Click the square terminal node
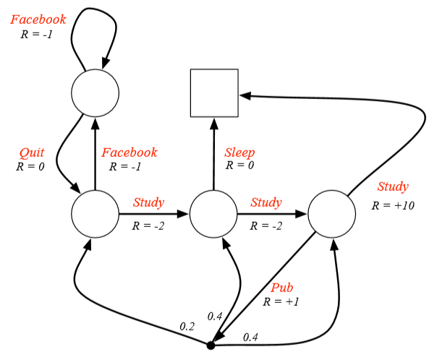pos(214,93)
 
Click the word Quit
pos(32,153)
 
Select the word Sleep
pos(239,153)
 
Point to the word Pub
pos(282,288)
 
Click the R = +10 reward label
pos(393,205)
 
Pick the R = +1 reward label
pos(281,301)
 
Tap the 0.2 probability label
pos(187,326)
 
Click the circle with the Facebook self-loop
pos(95,93)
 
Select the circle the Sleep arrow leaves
pos(213,215)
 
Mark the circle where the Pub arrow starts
pos(332,215)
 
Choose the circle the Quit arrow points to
pos(95,215)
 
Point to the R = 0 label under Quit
pos(30,166)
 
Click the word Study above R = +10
pos(393,187)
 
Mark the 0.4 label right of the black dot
pos(251,337)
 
